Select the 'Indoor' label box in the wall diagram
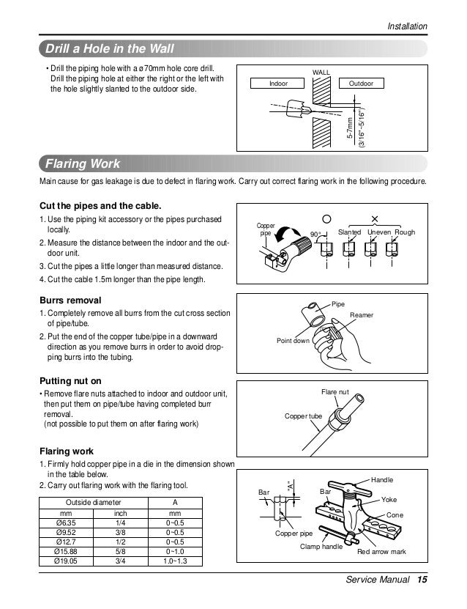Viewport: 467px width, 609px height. pos(279,84)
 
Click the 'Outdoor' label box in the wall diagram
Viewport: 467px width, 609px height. pos(361,84)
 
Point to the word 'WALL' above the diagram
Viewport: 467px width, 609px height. pos(321,73)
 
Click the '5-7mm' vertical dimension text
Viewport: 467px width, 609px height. pos(351,129)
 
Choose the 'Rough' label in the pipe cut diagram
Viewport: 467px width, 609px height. pos(404,232)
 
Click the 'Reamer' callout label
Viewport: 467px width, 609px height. pos(362,314)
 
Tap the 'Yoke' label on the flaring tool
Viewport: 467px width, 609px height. pos(389,498)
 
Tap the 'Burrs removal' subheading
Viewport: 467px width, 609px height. pos(70,300)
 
